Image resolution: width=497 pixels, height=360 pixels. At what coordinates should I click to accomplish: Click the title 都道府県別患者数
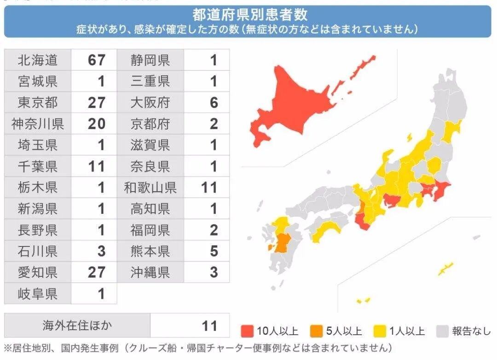point(250,15)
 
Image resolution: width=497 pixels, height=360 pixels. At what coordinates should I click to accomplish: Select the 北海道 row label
point(38,60)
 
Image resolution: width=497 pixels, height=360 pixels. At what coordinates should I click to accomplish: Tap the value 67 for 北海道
point(96,60)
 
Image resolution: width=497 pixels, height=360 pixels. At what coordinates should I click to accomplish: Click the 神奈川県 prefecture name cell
point(38,124)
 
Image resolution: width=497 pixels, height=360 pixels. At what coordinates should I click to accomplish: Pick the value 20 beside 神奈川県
point(96,124)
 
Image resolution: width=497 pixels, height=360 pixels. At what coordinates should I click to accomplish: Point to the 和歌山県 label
point(150,188)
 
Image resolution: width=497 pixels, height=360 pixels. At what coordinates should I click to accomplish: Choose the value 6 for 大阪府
point(214,103)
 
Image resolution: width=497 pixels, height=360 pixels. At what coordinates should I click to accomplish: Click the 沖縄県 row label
point(150,272)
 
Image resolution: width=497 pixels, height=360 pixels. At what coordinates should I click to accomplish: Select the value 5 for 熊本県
point(214,251)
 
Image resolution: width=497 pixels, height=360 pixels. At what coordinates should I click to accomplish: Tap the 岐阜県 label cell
point(38,293)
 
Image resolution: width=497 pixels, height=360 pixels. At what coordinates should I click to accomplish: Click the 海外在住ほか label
point(77,326)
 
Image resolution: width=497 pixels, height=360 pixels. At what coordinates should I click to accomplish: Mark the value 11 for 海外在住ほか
point(209,326)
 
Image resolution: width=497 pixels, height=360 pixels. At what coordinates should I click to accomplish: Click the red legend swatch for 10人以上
point(248,331)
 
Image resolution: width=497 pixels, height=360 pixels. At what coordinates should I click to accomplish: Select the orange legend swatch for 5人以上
point(316,331)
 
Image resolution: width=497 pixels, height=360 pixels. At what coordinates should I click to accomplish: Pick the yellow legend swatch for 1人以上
point(380,331)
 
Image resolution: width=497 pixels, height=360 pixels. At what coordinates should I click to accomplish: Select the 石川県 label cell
point(38,251)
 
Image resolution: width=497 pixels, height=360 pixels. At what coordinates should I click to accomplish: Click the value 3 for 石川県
point(101,251)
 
